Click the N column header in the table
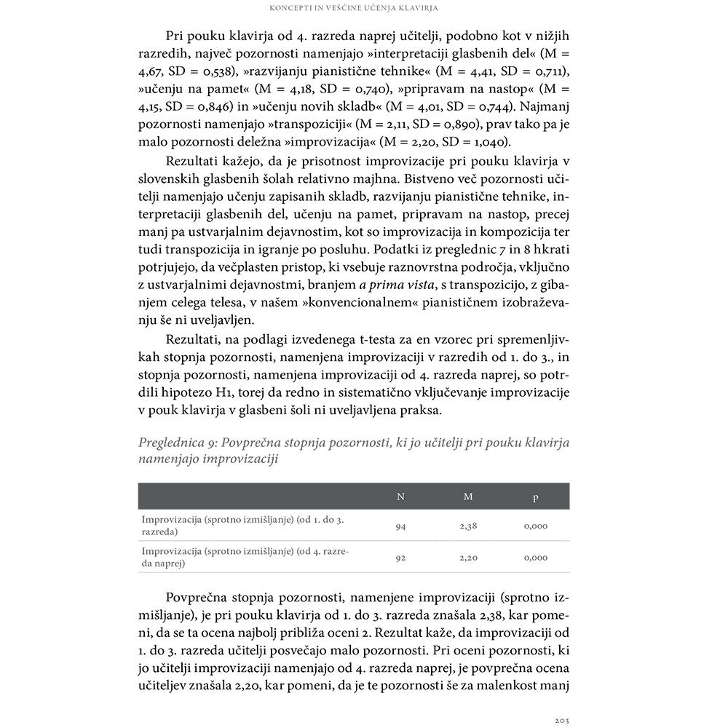(400, 496)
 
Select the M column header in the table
(468, 496)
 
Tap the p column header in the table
(536, 497)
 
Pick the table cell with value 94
(400, 526)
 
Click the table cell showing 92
(400, 558)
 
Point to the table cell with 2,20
(468, 558)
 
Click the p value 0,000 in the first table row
(536, 526)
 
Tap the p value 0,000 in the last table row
(536, 558)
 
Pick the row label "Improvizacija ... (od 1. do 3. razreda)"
(243, 526)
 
